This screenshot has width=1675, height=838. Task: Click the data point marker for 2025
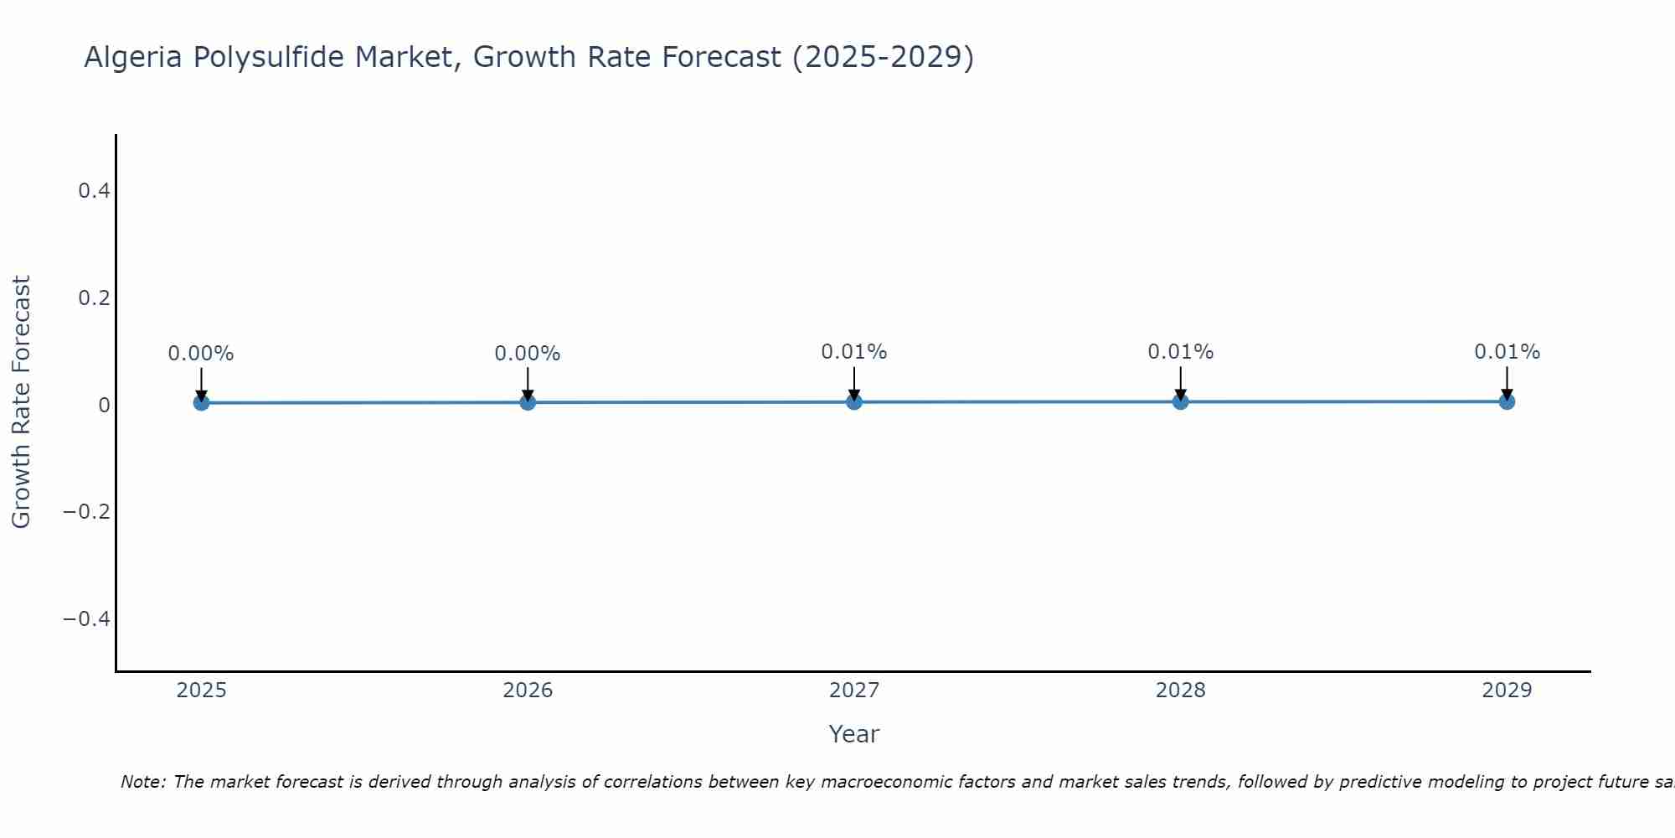201,403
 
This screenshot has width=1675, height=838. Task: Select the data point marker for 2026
528,402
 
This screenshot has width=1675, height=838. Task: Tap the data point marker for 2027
854,402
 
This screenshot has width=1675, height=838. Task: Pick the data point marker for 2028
1181,401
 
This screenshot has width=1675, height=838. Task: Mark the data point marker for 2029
1507,401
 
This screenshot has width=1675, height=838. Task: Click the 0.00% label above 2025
201,354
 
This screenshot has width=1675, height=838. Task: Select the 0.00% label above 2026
528,354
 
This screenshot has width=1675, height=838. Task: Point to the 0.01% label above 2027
854,352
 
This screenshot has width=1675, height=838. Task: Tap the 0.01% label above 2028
1181,352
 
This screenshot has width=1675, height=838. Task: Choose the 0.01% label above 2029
1507,352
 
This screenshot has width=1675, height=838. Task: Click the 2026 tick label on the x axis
528,691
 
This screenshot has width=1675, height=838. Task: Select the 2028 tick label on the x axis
1181,691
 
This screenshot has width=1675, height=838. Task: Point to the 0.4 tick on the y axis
94,191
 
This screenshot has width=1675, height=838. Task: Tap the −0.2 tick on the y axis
87,512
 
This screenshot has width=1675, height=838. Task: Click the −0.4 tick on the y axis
87,619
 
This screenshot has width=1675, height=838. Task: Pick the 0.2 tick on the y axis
94,298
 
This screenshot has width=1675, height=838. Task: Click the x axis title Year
854,735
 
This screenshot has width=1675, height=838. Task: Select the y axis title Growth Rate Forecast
21,402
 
